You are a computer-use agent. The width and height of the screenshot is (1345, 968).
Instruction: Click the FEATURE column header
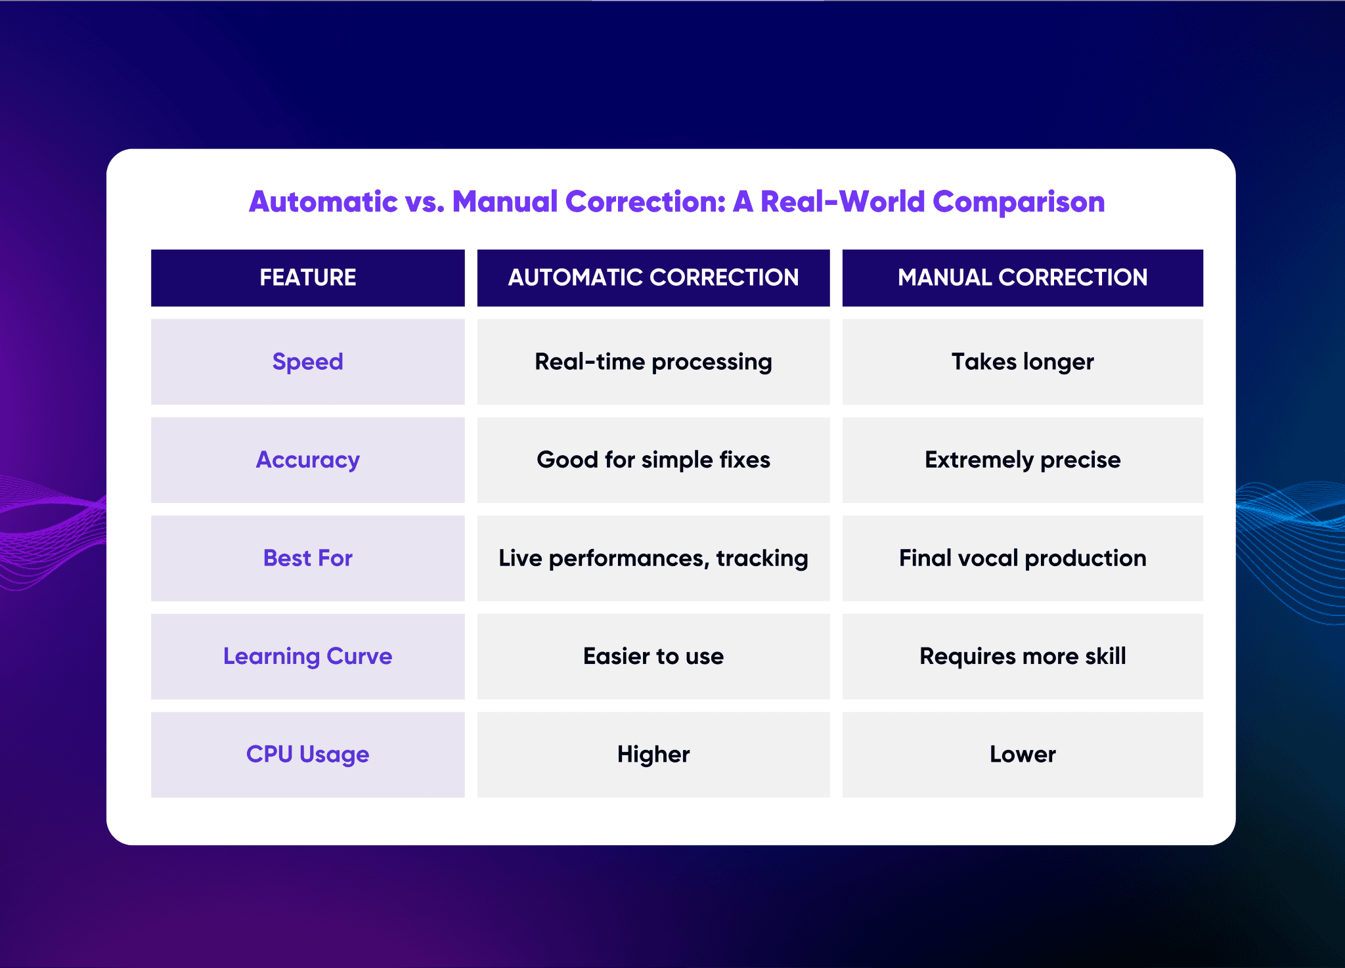(x=307, y=278)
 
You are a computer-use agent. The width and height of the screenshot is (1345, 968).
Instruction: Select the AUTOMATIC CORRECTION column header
(x=653, y=278)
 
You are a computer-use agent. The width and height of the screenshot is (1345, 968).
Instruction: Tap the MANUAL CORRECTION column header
(x=1022, y=278)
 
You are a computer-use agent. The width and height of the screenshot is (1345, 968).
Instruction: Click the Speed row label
(x=307, y=362)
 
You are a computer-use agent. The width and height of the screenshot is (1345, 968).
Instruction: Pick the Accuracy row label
(x=307, y=460)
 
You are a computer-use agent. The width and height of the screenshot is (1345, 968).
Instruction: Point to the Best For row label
(x=307, y=558)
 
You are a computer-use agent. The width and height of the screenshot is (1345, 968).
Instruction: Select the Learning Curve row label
(x=307, y=656)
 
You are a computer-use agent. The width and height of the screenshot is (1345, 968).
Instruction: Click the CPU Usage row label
(x=307, y=755)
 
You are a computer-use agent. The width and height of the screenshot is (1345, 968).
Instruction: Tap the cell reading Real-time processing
(x=653, y=362)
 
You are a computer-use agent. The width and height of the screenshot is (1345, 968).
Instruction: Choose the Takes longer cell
(x=1022, y=362)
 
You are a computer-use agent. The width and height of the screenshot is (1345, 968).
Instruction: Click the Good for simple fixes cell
(x=653, y=460)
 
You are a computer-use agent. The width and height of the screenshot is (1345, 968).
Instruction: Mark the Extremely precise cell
(x=1022, y=460)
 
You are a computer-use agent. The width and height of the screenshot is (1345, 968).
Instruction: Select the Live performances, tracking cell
(x=653, y=558)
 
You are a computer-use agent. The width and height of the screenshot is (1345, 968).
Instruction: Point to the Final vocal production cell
(x=1022, y=558)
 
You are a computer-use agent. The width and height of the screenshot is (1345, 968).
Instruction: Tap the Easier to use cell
(x=653, y=656)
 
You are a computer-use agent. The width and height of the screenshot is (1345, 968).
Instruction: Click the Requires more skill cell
(x=1022, y=656)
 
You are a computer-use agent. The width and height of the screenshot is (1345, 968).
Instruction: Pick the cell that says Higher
(x=653, y=755)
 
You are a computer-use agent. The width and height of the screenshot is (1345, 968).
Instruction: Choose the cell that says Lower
(x=1022, y=755)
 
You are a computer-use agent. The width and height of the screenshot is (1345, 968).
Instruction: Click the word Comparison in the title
(x=1018, y=202)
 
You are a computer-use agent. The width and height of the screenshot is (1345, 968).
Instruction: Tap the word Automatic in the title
(x=323, y=202)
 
